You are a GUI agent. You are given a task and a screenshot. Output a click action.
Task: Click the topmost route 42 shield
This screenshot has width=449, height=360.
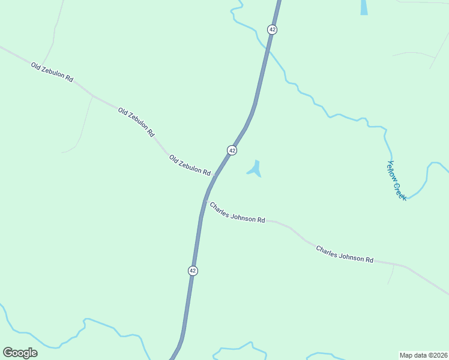273,29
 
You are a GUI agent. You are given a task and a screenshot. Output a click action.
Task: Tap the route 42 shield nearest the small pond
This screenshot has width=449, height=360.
232,150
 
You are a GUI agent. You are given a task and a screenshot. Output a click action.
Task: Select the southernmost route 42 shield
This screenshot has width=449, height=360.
193,271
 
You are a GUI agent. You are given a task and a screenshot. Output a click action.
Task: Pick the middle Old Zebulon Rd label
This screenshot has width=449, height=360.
136,122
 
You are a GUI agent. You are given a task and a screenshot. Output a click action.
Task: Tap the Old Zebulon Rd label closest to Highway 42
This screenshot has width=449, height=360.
190,166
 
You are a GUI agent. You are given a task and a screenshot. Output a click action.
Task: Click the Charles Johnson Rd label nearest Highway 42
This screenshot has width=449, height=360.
237,212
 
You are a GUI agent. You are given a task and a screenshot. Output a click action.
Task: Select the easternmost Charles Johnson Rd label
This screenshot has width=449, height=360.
345,254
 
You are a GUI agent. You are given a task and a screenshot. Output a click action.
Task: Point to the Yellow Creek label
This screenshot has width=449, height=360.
397,180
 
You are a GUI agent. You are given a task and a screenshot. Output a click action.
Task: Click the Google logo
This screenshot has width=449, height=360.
20,352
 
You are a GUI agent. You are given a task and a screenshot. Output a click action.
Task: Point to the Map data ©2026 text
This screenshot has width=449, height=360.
423,355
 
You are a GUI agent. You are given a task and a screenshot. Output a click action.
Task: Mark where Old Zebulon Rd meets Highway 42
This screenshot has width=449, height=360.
214,175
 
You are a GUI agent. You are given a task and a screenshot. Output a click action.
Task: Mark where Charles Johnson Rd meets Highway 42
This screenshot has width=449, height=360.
205,201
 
